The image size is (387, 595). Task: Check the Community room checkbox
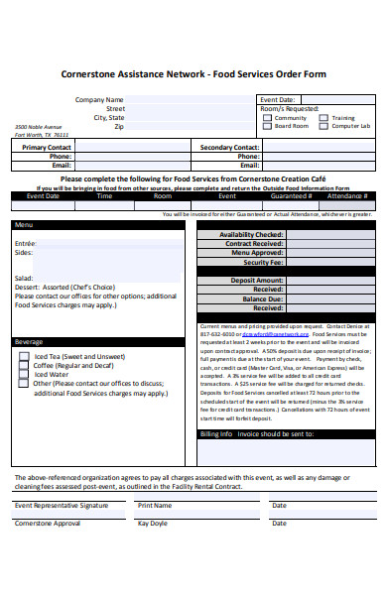click(266, 118)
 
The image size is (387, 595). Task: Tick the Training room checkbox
click(322, 118)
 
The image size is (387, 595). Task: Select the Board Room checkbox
click(266, 127)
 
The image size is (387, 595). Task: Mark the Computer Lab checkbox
click(322, 127)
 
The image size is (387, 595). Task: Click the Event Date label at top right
click(277, 100)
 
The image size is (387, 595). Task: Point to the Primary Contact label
click(46, 147)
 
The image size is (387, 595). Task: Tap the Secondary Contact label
click(229, 147)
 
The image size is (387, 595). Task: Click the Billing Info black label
click(216, 434)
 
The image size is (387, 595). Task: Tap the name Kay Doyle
click(153, 523)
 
